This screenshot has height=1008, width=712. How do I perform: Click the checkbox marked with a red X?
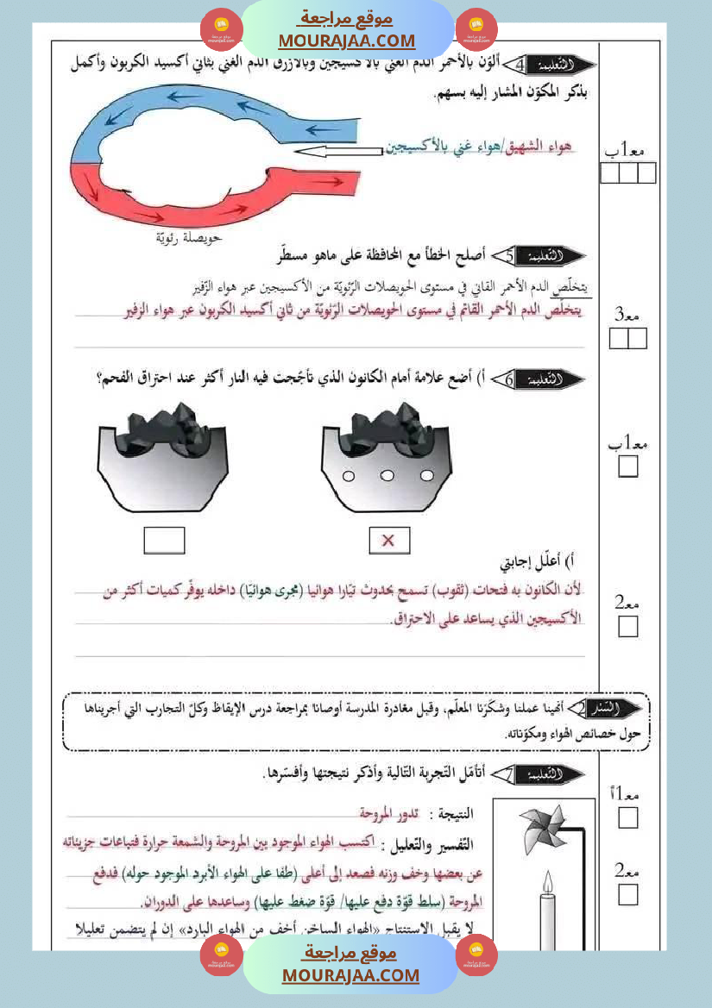[388, 541]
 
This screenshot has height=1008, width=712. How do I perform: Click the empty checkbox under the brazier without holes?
[164, 541]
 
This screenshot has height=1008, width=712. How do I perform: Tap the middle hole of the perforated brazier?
[388, 476]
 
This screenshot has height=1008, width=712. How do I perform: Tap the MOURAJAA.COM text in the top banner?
[347, 41]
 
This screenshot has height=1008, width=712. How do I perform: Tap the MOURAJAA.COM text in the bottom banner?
[350, 975]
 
